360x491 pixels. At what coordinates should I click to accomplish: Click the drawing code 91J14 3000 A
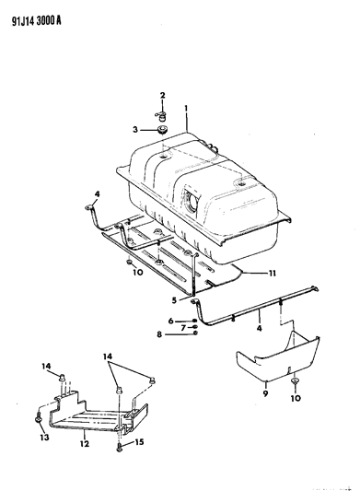(x=37, y=21)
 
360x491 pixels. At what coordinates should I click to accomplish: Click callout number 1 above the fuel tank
(x=186, y=109)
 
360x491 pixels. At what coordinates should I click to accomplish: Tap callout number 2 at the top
(x=162, y=95)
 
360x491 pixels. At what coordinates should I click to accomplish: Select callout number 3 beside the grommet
(x=135, y=129)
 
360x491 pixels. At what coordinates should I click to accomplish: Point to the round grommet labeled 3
(x=162, y=129)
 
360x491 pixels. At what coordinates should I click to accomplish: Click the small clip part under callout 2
(x=160, y=117)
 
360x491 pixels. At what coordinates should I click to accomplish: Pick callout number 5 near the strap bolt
(x=174, y=300)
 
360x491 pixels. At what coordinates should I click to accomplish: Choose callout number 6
(x=170, y=321)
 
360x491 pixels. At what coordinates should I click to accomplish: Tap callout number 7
(x=183, y=328)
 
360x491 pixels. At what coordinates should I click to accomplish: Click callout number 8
(x=159, y=334)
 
